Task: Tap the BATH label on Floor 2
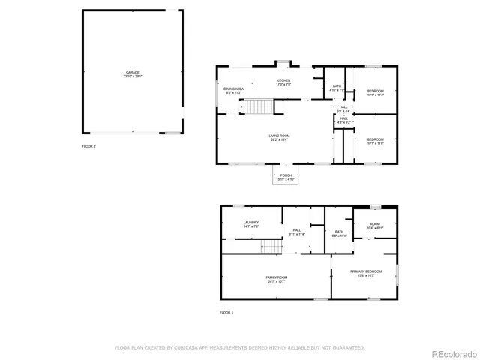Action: coord(337,88)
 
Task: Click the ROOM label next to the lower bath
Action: coord(375,224)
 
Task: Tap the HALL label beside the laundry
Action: coord(297,232)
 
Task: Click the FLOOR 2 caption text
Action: coord(88,146)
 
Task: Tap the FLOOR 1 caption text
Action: coord(226,311)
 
